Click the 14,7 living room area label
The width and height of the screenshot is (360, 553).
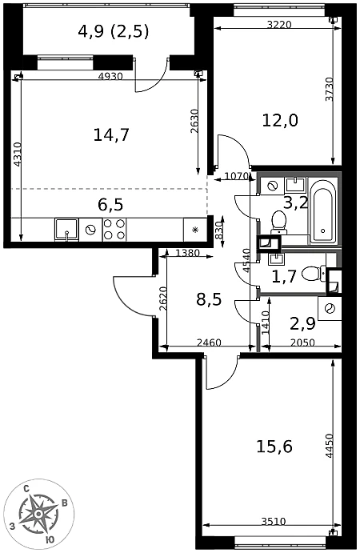coord(111,134)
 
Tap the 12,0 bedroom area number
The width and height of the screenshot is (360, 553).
coord(280,121)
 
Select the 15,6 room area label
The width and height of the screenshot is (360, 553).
coord(274,447)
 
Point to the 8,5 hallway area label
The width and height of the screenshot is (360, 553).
coord(209,300)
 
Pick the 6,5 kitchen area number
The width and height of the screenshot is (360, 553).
coord(110,205)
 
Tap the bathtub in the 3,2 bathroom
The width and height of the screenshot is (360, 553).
coord(322,211)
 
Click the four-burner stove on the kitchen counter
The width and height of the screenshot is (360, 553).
coord(114,230)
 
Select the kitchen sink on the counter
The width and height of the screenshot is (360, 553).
coord(66,230)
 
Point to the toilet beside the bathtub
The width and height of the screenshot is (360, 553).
coord(279,222)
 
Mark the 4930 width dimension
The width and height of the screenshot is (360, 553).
coord(110,76)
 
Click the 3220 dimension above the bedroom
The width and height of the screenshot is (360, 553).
coord(279,25)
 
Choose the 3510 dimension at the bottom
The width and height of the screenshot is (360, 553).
coord(274,521)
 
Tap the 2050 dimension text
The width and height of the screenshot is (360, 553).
coord(302,342)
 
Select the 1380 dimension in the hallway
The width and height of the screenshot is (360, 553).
coord(187,253)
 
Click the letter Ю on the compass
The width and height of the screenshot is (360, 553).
coord(50,539)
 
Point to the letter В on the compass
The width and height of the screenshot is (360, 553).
coord(65,503)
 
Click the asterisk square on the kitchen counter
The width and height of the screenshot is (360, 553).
coord(195,230)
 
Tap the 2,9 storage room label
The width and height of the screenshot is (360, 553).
coord(302,324)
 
